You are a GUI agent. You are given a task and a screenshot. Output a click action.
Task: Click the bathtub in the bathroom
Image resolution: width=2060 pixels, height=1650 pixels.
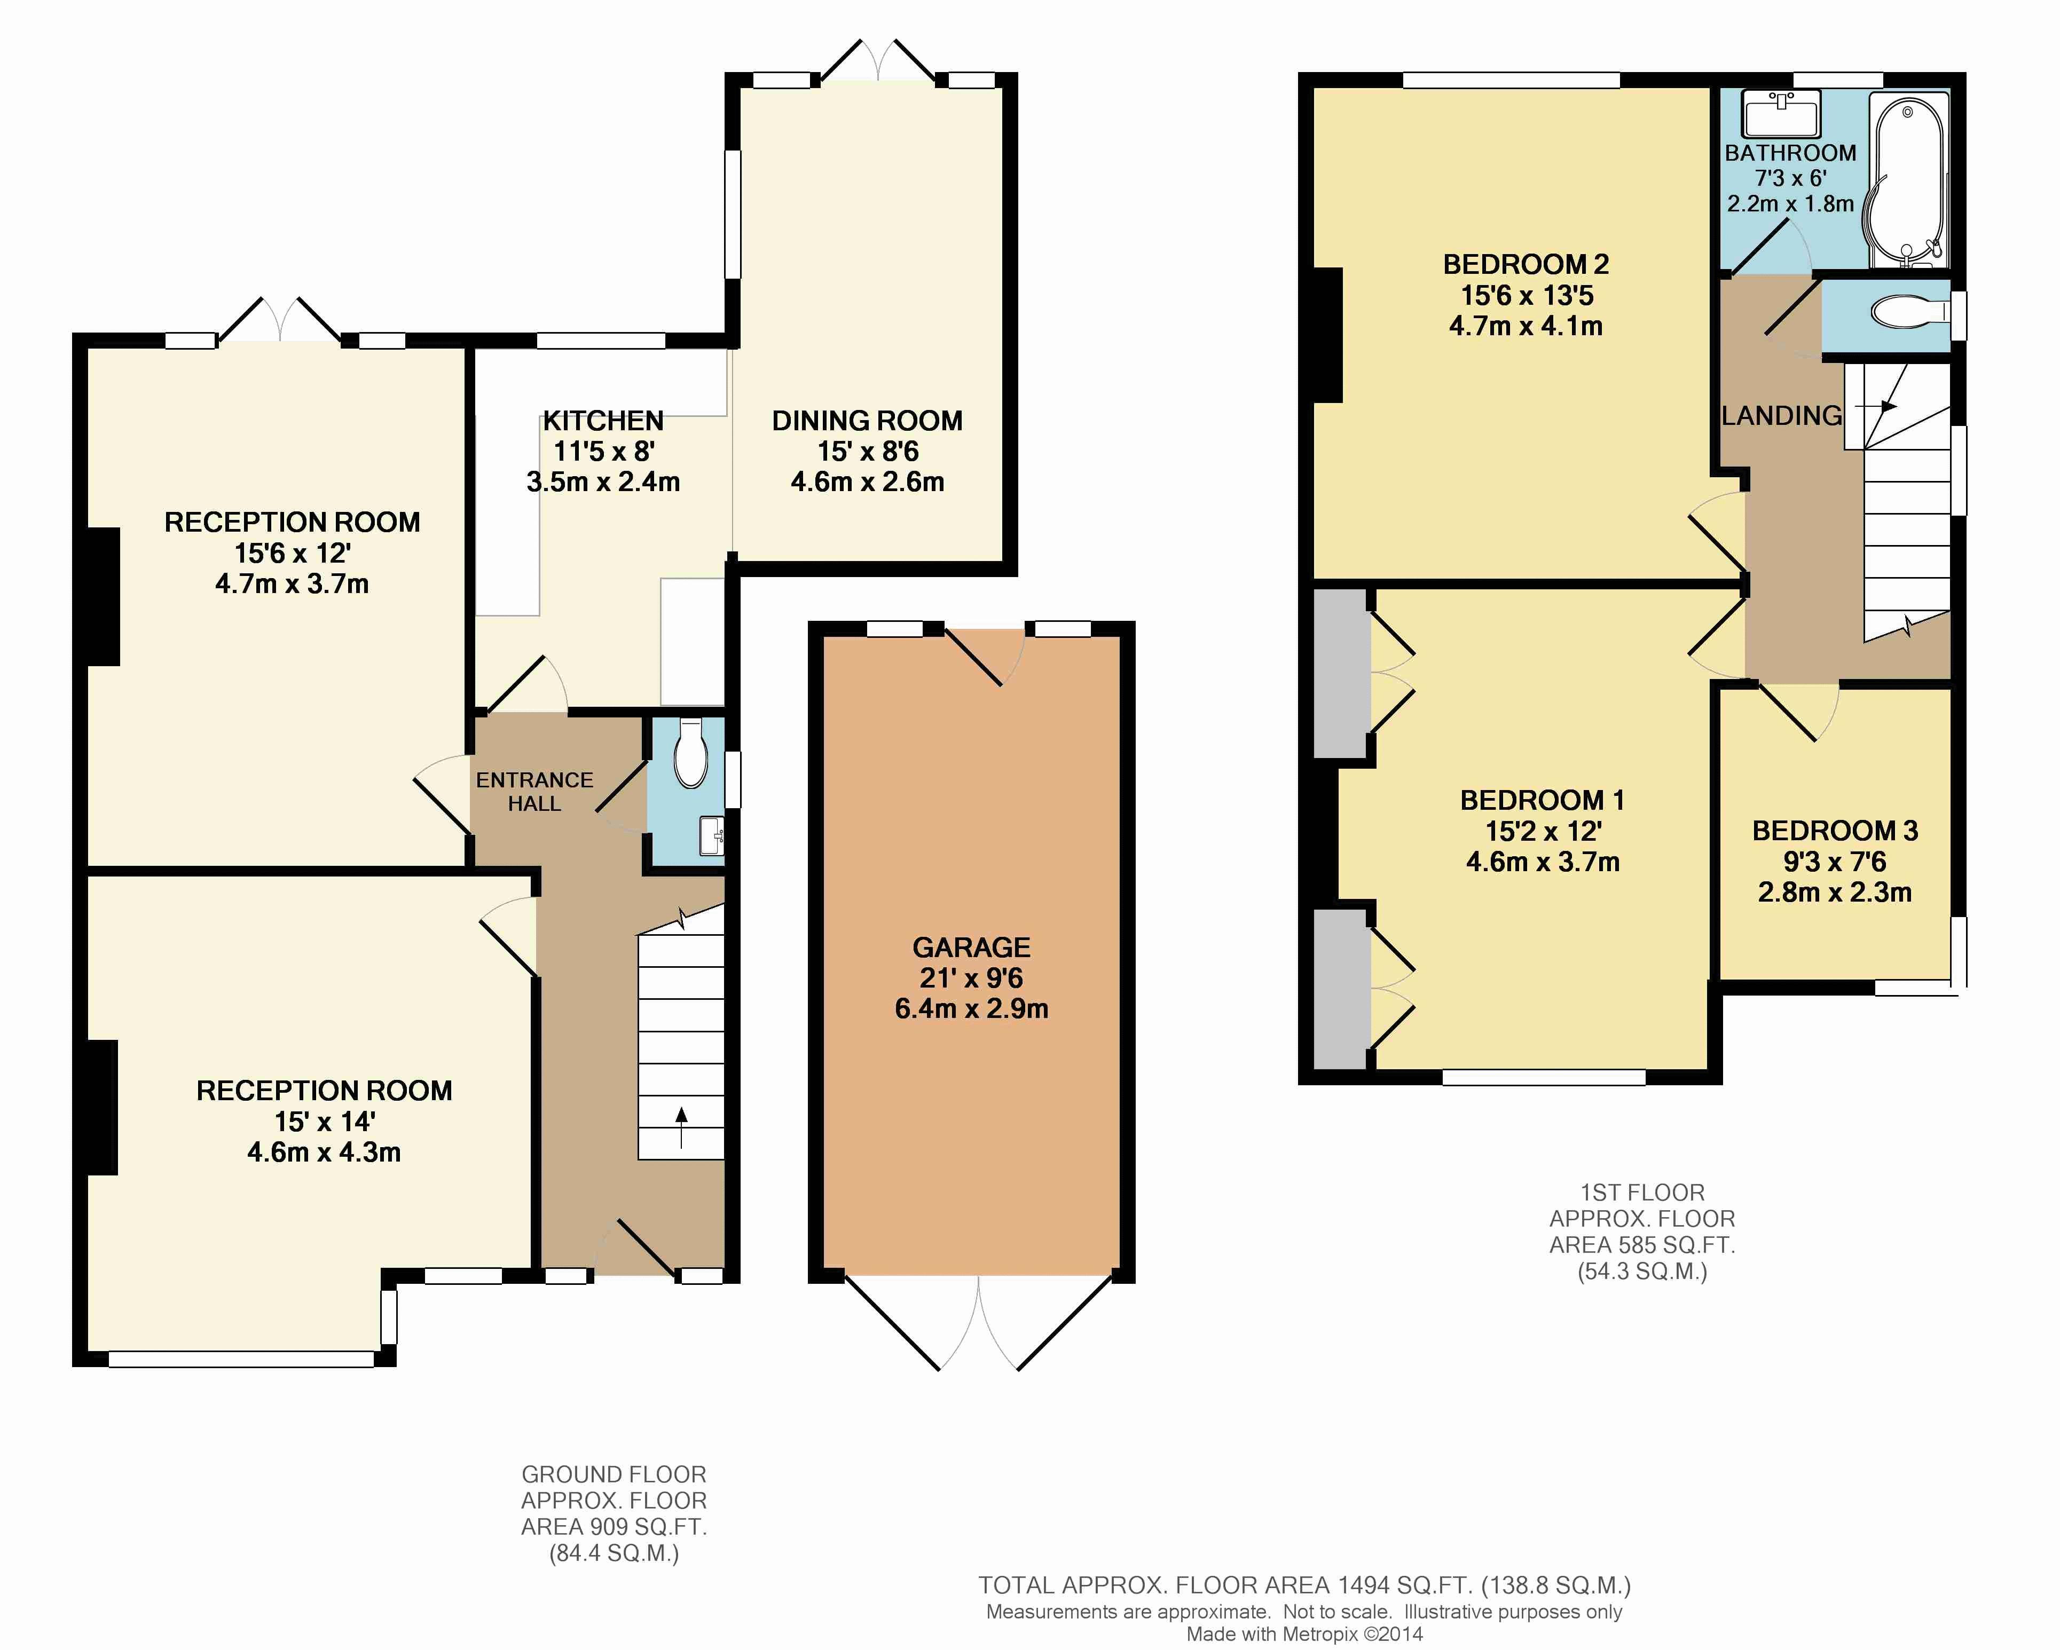(x=1908, y=180)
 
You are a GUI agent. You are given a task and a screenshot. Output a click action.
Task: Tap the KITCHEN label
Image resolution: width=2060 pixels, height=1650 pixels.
(x=603, y=421)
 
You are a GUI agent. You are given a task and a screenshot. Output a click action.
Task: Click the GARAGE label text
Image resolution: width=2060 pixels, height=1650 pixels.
(x=972, y=947)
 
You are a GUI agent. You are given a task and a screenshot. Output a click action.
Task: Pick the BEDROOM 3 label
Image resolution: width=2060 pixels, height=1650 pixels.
(x=1835, y=830)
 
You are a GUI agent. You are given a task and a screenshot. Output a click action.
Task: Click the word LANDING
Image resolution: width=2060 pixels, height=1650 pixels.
(x=1782, y=416)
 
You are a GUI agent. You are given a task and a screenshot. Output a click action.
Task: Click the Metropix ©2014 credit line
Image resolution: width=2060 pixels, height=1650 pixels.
(x=1304, y=1635)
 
